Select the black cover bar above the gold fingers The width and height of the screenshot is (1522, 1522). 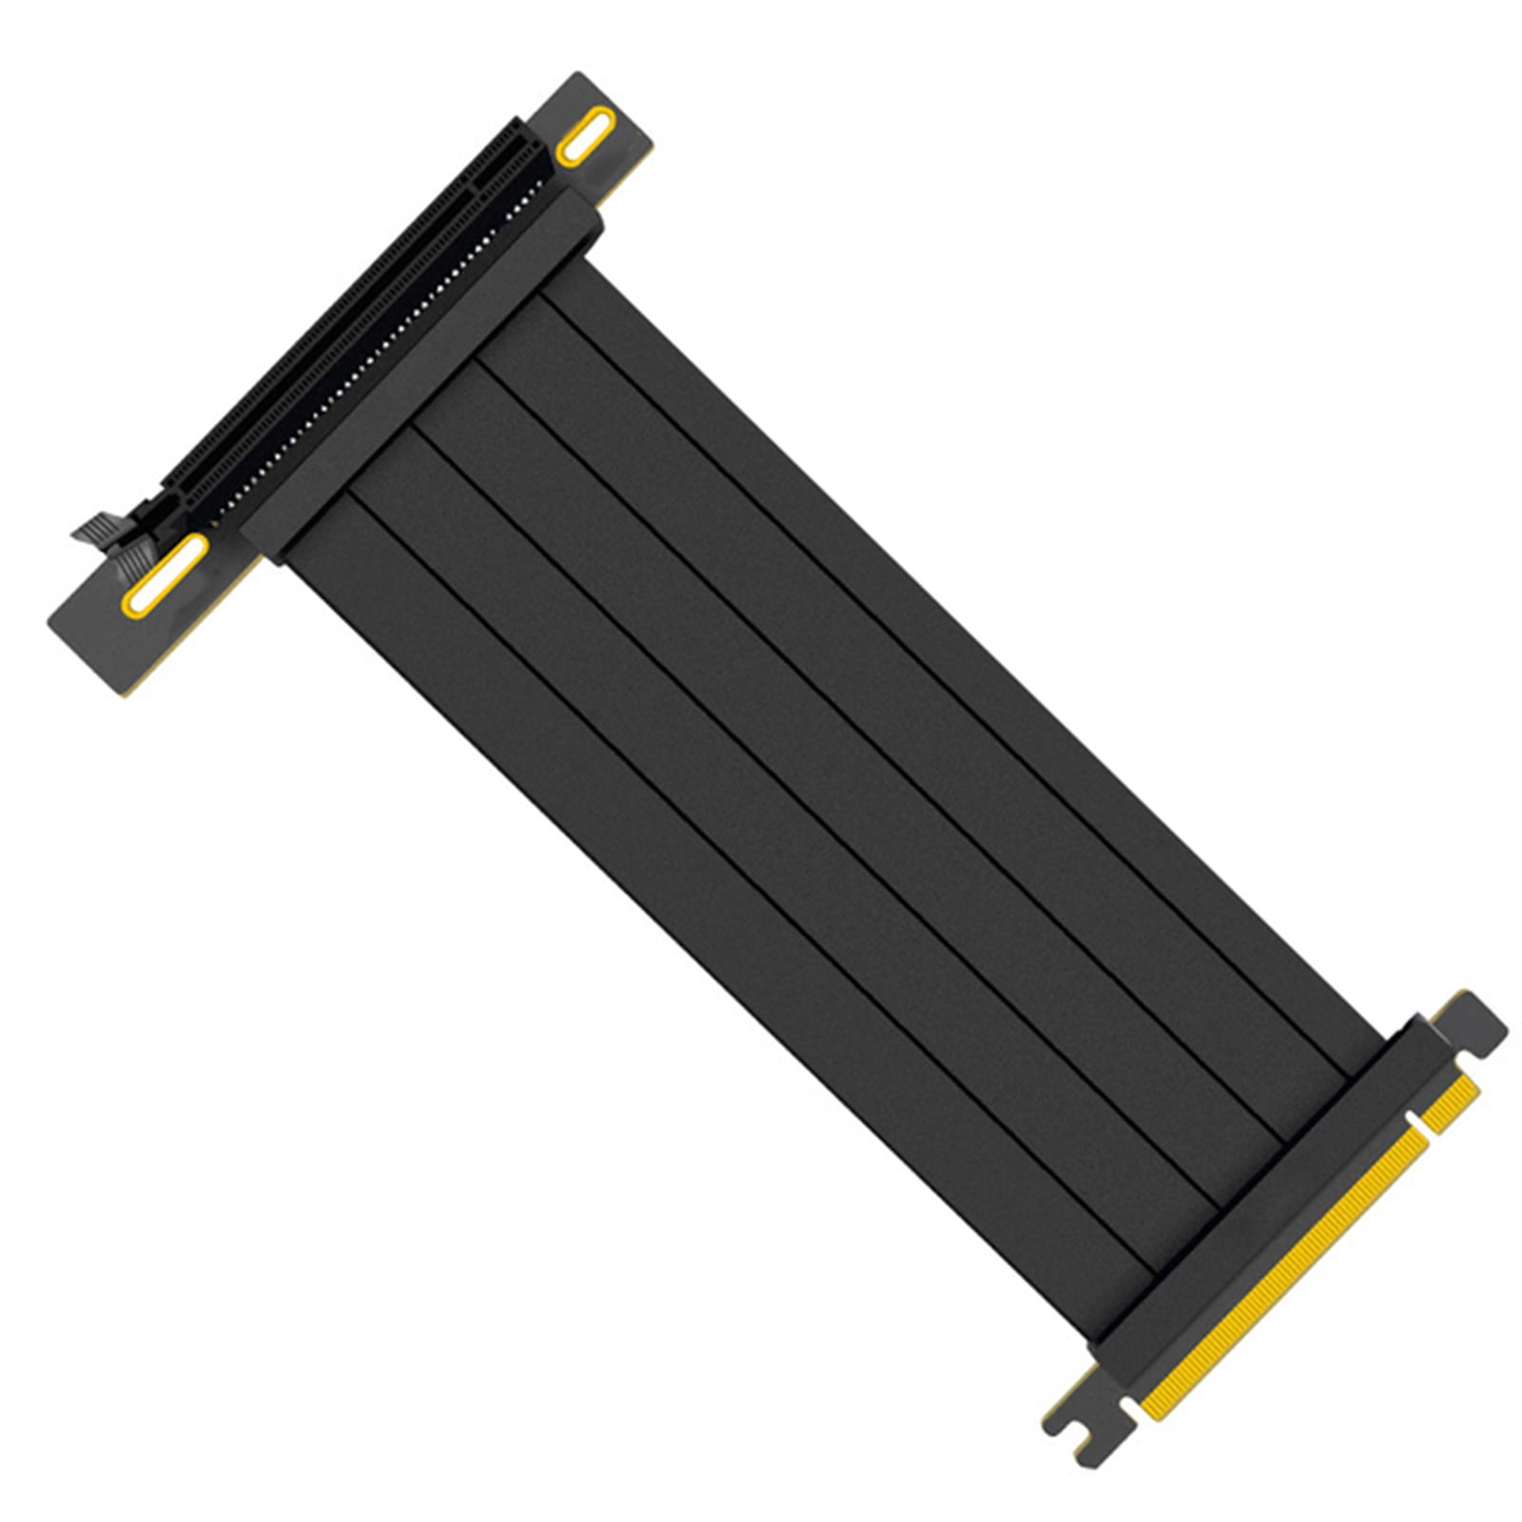pos(1265,1180)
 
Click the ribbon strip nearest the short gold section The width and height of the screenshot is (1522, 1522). pos(961,666)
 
